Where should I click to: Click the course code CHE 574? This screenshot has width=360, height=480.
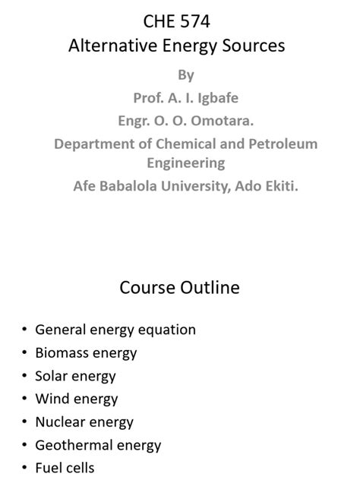pos(177,22)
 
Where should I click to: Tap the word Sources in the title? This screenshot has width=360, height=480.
pos(254,46)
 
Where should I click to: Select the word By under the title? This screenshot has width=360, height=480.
pos(186,75)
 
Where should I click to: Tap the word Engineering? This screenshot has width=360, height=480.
pos(186,163)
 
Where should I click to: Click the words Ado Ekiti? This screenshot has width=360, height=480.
pos(266,185)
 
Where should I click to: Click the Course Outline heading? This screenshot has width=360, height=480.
pos(179,288)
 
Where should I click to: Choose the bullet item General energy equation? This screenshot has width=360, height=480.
pos(115,330)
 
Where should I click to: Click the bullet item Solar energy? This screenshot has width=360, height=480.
pos(75,376)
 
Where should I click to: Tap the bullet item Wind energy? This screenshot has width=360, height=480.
pos(77,399)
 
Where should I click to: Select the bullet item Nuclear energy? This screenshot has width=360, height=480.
pos(84,422)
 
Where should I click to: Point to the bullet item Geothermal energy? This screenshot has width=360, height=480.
pos(98,446)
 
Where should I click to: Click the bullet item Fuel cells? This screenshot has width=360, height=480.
pos(65,469)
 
